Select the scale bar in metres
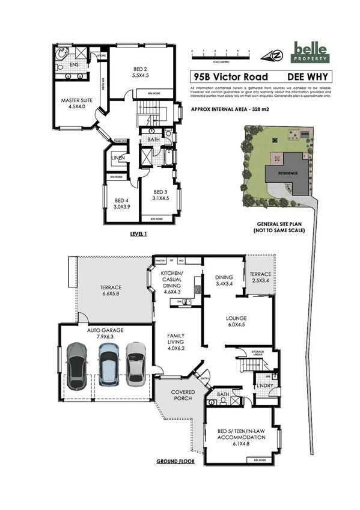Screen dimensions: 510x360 point(220,55)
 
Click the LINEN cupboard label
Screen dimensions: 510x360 point(118,158)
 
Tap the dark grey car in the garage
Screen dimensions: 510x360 point(79,366)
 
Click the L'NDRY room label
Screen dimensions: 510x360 point(265,385)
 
